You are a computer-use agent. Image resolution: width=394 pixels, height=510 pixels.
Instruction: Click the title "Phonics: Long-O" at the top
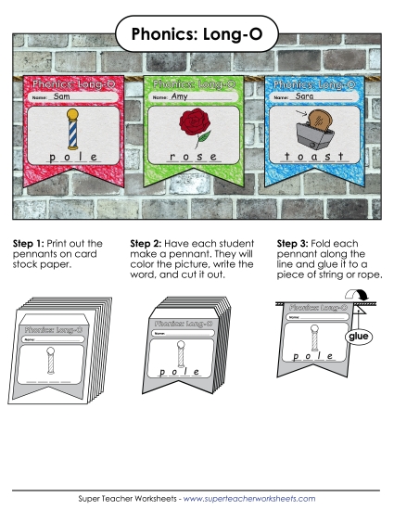click(x=197, y=34)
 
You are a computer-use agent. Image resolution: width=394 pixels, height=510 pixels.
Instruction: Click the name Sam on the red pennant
click(x=63, y=96)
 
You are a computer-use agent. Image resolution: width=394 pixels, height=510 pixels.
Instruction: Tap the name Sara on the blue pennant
click(x=306, y=96)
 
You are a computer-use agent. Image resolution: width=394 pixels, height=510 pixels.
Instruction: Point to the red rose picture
click(x=194, y=129)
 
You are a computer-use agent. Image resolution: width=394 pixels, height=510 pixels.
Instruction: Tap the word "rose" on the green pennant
click(x=193, y=159)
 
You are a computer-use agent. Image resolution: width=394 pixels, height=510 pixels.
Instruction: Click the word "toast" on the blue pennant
click(x=316, y=159)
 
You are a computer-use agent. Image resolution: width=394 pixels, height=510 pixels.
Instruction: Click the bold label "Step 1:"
click(x=30, y=243)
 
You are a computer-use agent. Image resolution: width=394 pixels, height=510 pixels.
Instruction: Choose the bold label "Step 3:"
click(x=295, y=243)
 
